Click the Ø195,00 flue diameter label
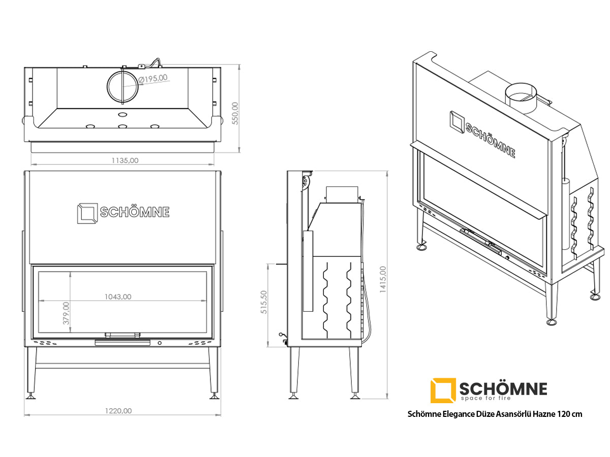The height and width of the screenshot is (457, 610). [153, 79]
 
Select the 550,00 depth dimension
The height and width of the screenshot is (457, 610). [235, 113]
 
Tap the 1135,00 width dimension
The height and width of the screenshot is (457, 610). [125, 160]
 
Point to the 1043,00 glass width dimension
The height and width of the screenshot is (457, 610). [118, 297]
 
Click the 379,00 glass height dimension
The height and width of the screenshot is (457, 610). [66, 313]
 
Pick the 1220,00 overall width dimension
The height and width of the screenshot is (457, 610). [118, 411]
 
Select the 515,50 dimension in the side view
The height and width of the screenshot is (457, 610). [264, 302]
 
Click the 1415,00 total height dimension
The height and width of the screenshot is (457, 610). [383, 279]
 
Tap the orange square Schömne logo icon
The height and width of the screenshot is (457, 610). [443, 390]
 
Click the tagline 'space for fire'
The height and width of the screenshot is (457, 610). [486, 398]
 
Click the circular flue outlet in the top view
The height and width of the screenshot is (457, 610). [123, 86]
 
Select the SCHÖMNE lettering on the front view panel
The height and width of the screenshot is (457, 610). [135, 212]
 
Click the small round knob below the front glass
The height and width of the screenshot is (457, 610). [160, 343]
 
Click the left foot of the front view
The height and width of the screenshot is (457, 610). [30, 397]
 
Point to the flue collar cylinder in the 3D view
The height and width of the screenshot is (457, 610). [521, 98]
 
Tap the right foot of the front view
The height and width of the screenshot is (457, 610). [214, 397]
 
